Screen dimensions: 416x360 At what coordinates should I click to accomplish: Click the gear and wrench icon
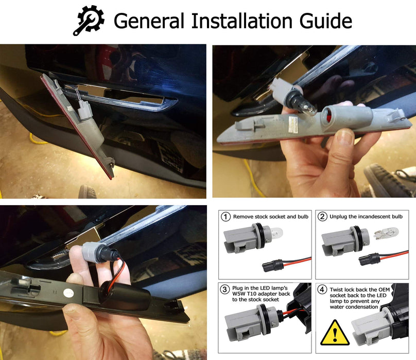[x=89, y=21]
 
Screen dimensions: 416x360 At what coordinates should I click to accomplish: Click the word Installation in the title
[x=241, y=21]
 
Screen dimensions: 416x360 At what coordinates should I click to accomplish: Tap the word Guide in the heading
[x=325, y=21]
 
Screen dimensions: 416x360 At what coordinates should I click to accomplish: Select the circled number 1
[x=226, y=217]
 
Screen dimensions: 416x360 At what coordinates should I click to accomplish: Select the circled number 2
[x=322, y=217]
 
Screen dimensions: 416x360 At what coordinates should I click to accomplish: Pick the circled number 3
[x=224, y=289]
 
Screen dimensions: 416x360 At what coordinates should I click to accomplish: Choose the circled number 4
[x=322, y=289]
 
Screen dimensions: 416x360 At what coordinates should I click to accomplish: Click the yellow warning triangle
[x=335, y=333]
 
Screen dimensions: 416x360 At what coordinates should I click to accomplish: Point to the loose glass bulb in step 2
[x=386, y=234]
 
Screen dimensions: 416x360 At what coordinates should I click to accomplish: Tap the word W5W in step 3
[x=238, y=294]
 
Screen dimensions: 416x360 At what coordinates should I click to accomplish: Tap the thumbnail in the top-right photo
[x=346, y=136]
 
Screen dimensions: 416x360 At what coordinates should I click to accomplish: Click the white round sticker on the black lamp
[x=68, y=293]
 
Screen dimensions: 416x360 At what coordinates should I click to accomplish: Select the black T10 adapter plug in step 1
[x=272, y=265]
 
